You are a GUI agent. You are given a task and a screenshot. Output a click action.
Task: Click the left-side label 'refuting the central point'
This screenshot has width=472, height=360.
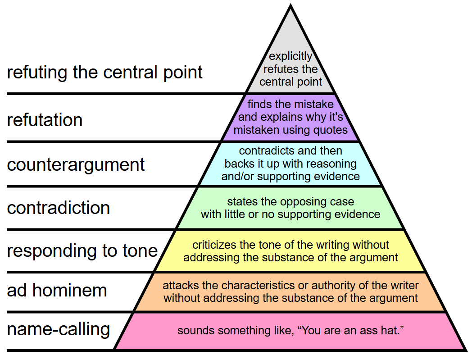(x=104, y=73)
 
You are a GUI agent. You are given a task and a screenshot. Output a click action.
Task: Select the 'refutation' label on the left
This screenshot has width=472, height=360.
(x=45, y=120)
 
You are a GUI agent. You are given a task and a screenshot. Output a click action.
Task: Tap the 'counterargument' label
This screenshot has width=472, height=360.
(x=76, y=165)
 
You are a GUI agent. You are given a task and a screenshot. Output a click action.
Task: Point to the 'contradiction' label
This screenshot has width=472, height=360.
(x=58, y=208)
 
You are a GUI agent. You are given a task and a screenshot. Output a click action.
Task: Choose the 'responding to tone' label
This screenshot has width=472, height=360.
(x=82, y=251)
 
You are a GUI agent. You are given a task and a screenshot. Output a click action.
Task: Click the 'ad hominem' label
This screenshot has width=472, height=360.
(x=57, y=291)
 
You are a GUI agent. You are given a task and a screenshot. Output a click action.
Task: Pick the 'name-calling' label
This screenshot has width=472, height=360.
(x=58, y=329)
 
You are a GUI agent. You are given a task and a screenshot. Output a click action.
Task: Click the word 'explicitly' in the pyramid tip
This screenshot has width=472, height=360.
(x=290, y=56)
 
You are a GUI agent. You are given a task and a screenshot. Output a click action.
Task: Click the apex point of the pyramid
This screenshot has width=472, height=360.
(x=290, y=4)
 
